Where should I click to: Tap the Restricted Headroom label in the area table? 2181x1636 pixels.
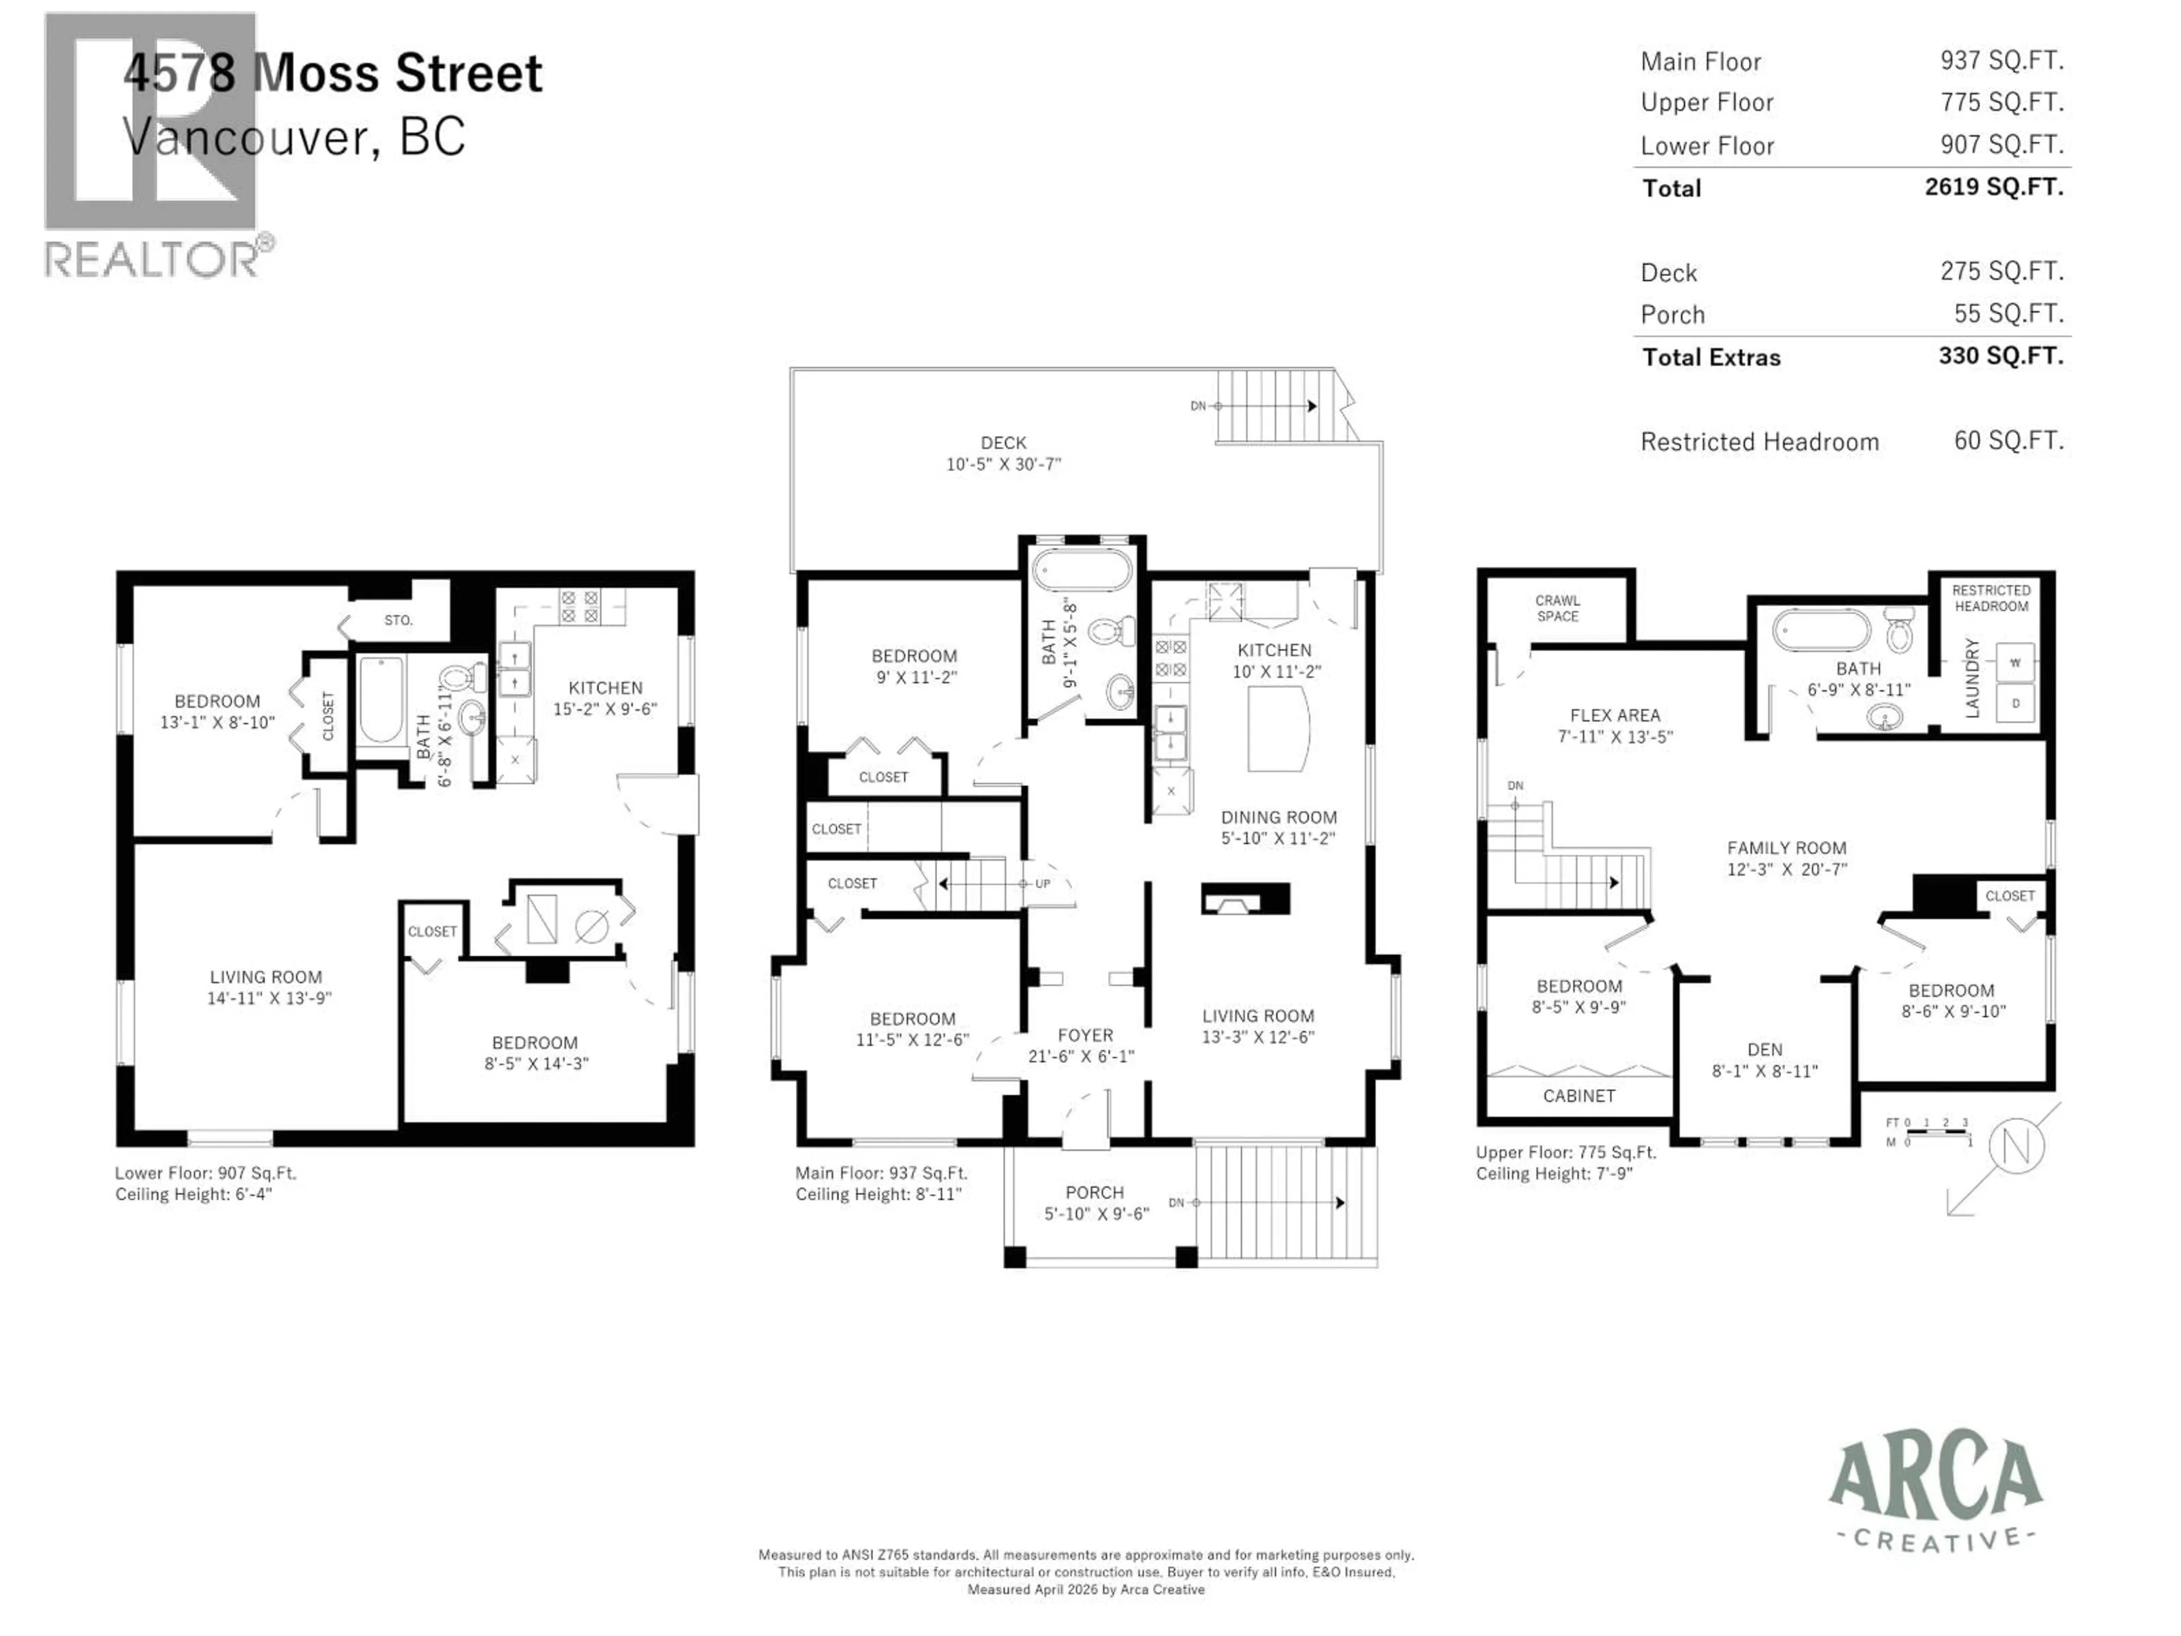1759,442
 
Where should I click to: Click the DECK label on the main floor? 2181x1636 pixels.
1002,443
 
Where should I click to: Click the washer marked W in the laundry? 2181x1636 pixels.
2015,663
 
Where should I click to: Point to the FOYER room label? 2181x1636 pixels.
1085,1034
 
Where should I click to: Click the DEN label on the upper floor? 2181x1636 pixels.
1764,1049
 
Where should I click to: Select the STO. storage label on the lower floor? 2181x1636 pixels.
398,620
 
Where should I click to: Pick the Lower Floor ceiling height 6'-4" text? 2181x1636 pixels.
193,1194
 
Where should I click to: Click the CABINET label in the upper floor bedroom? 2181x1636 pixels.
1578,1096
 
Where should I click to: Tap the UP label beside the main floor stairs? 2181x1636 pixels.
1042,883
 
